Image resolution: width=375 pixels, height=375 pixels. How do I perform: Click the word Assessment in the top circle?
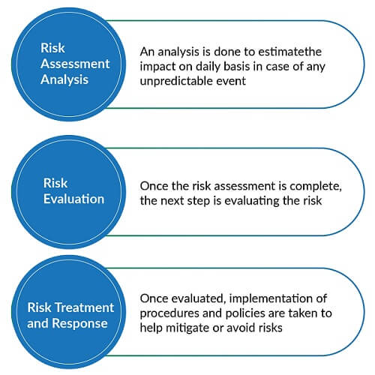75,64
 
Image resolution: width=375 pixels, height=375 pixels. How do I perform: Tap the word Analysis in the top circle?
64,80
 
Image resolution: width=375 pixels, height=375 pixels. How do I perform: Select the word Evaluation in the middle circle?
73,199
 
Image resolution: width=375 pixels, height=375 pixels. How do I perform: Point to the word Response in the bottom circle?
80,324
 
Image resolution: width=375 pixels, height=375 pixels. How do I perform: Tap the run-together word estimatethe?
290,52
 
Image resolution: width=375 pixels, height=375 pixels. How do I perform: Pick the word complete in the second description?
316,187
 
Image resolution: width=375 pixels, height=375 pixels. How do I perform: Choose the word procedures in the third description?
169,313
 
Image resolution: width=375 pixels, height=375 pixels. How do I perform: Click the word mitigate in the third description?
187,328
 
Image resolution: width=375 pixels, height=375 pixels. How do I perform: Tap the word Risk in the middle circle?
55,183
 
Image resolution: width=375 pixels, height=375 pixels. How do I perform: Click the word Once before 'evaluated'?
154,298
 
